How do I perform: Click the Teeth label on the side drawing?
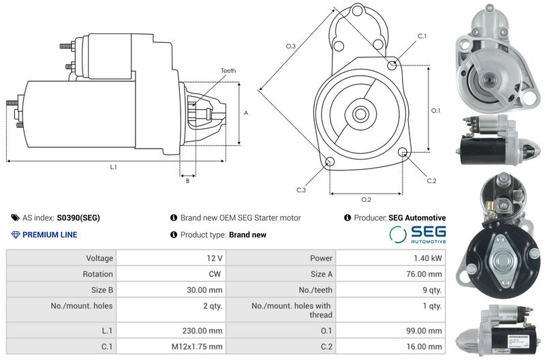click(x=228, y=71)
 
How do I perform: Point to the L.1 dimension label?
click(x=113, y=167)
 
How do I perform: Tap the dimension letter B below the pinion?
click(x=188, y=181)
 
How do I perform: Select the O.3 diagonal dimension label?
click(x=291, y=46)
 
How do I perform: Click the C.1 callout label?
click(x=422, y=36)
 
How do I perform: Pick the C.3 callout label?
click(x=301, y=190)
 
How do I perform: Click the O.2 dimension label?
click(x=366, y=200)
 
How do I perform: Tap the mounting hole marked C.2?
click(x=403, y=152)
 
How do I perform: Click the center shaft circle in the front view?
click(x=360, y=114)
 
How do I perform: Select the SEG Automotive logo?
click(x=418, y=235)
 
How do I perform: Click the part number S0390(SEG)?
click(x=78, y=218)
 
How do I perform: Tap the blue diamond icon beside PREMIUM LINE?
click(x=16, y=235)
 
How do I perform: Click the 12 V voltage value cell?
click(x=215, y=258)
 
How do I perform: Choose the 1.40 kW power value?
click(x=428, y=258)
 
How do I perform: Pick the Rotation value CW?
click(x=215, y=274)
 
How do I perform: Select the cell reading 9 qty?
click(x=432, y=290)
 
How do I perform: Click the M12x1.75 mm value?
click(x=197, y=347)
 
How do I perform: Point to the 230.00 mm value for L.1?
click(x=202, y=331)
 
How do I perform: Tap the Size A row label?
click(x=322, y=274)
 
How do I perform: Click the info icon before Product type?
click(x=174, y=235)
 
